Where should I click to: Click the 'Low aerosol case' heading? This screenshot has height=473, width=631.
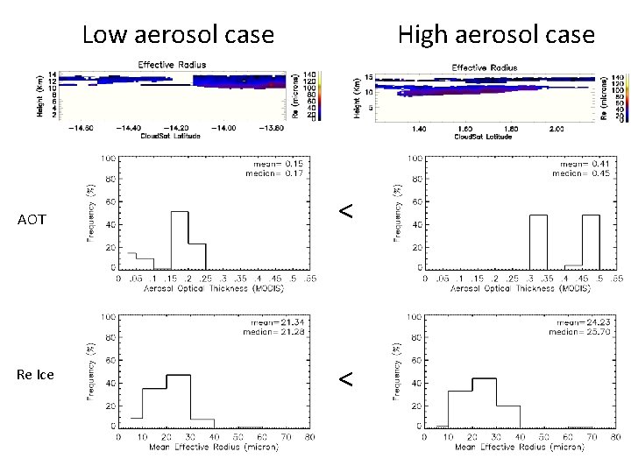pyautogui.click(x=178, y=35)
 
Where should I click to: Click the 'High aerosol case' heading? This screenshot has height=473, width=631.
pyautogui.click(x=496, y=35)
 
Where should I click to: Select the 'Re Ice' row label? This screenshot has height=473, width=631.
pyautogui.click(x=36, y=375)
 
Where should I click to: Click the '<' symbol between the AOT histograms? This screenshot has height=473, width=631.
pyautogui.click(x=346, y=211)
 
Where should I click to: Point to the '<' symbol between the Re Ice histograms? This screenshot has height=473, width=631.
pyautogui.click(x=346, y=378)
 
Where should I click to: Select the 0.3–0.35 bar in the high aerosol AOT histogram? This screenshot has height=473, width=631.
pyautogui.click(x=538, y=242)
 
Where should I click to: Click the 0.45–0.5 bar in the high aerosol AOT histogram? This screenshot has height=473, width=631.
pyautogui.click(x=591, y=242)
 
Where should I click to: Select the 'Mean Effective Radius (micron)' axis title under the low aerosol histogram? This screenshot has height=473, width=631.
pyautogui.click(x=190, y=447)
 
